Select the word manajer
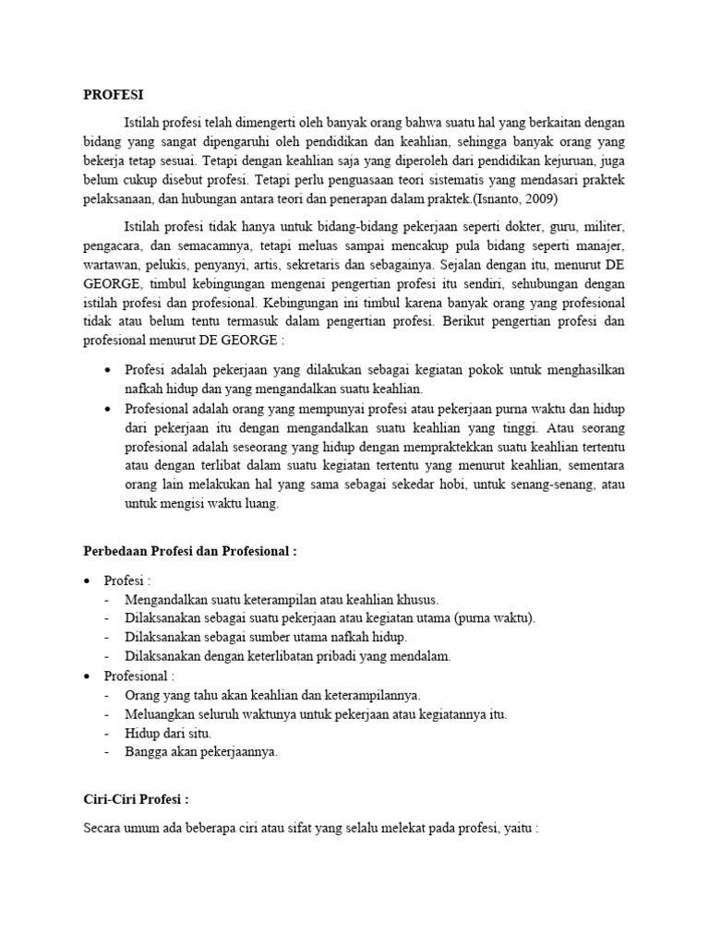[601, 246]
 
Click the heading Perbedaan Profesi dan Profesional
[190, 552]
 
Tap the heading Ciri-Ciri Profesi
[135, 799]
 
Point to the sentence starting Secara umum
[310, 828]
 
